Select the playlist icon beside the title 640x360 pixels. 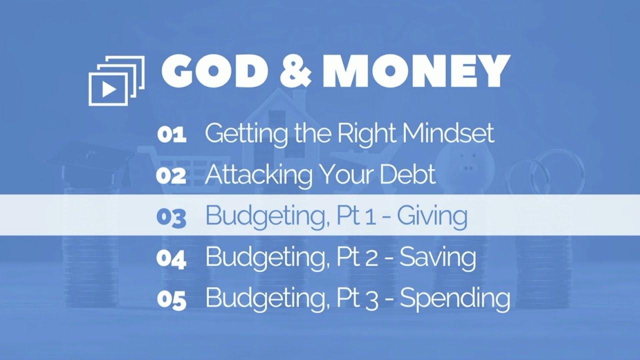coord(116,80)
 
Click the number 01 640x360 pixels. coord(171,135)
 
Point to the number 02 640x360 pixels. coord(171,176)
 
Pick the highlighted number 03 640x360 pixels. coord(171,217)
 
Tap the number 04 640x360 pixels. coord(171,258)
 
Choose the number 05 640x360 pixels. coord(171,299)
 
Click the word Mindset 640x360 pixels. coord(448,133)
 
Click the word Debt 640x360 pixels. coord(407,174)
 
